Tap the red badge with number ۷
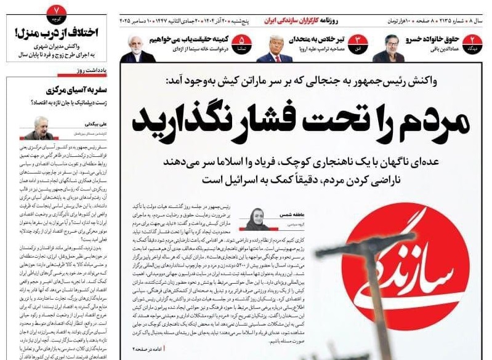(56, 10)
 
